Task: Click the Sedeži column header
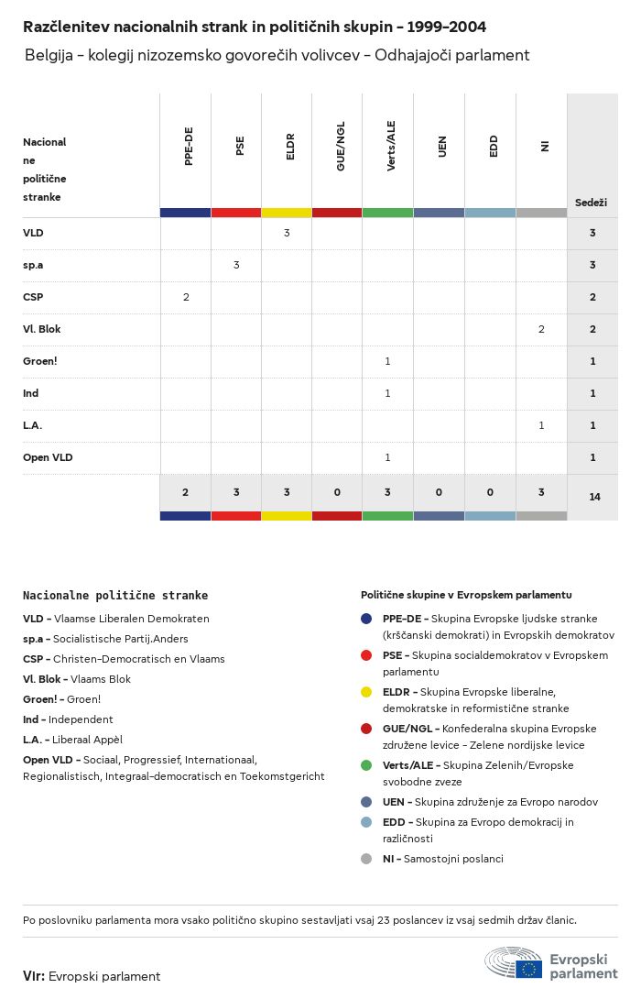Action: pos(591,203)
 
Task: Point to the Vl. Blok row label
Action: pos(42,329)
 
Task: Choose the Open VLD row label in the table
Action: pos(48,457)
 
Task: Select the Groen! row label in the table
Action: pos(40,361)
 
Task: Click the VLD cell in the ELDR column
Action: pos(287,233)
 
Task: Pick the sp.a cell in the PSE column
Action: pos(236,265)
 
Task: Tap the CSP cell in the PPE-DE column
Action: pos(186,297)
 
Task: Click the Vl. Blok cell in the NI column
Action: pos(541,329)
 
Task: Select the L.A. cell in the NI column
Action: pos(541,425)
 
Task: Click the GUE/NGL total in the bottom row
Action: pos(337,492)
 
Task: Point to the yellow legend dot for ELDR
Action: pos(366,692)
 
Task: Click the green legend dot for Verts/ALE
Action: pos(366,765)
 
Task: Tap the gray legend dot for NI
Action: pos(366,859)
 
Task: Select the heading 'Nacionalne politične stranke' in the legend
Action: pos(115,596)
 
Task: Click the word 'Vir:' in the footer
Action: pos(34,976)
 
